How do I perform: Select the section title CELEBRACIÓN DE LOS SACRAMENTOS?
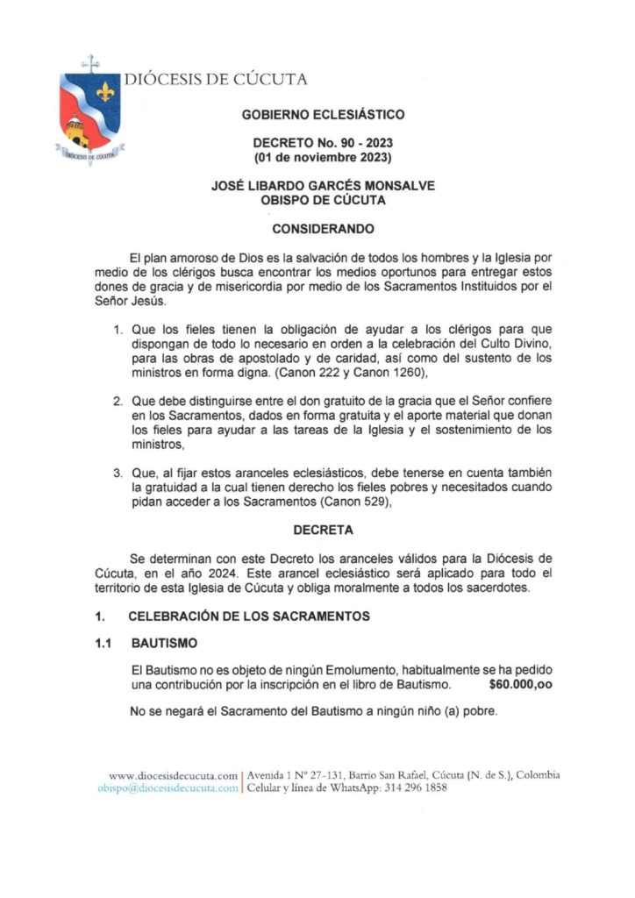(249, 616)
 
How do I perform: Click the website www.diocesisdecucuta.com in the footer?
(173, 775)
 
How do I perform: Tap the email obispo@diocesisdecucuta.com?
(168, 788)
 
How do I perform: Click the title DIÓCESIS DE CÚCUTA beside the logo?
(216, 80)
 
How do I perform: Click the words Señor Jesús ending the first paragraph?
(157, 302)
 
